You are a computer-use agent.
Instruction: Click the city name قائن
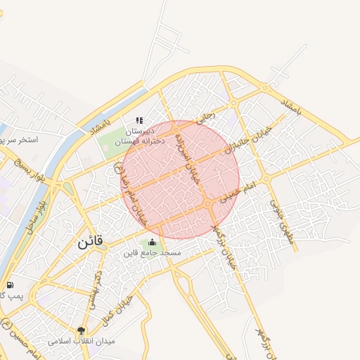[x=89, y=242]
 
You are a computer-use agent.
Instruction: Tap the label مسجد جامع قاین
[x=153, y=252]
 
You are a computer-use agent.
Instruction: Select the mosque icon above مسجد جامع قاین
[x=153, y=242]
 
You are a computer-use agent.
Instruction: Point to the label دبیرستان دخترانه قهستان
[x=139, y=136]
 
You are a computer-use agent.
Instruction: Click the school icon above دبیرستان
[x=139, y=120]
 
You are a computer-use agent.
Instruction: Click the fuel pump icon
[x=10, y=285]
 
